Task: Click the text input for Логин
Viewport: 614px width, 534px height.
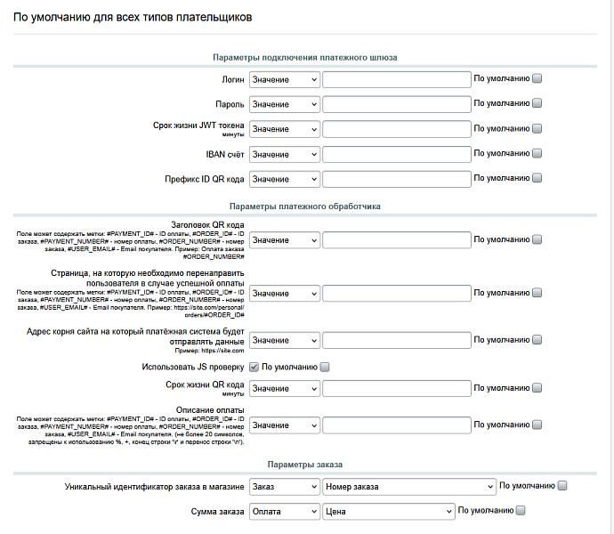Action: coord(396,79)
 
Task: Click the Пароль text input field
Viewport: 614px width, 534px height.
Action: coord(396,104)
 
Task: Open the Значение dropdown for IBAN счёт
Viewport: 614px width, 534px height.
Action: coord(284,154)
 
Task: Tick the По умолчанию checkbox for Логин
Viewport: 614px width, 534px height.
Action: coord(537,78)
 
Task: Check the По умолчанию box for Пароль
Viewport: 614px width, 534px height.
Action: coord(537,103)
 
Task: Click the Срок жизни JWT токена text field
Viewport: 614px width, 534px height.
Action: coord(396,129)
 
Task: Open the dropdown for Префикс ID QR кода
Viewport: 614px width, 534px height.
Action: coord(284,179)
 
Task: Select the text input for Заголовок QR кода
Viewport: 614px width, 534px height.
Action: coord(396,240)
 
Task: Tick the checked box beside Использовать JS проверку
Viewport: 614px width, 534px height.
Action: coord(254,367)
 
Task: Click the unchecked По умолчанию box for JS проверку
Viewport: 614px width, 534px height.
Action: coord(325,367)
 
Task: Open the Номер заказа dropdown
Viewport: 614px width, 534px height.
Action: coord(408,487)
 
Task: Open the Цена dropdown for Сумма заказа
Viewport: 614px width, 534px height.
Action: coord(388,512)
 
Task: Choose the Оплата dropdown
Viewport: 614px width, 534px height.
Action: coord(284,512)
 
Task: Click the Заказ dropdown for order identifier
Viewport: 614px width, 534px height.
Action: coord(284,487)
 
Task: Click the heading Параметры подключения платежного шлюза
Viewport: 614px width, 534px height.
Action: coord(305,57)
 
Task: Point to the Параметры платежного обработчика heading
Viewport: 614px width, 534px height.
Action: coord(305,206)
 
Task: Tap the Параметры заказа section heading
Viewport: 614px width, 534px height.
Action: coord(305,465)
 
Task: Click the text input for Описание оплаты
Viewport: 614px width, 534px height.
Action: coord(396,425)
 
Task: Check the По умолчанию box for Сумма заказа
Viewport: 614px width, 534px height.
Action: coord(521,511)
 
